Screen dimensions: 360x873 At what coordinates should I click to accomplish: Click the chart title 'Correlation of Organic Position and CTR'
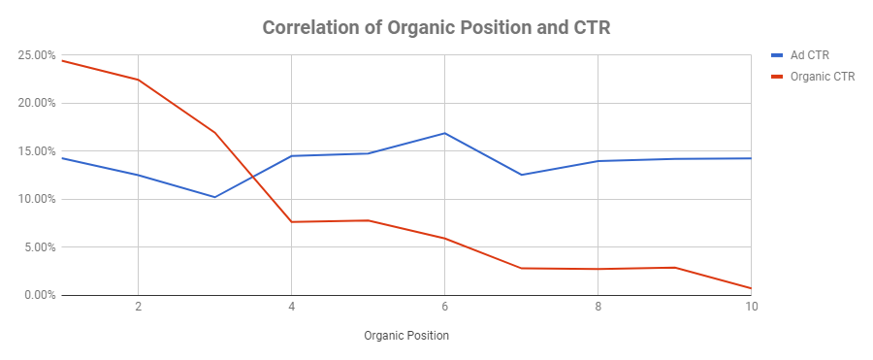436,28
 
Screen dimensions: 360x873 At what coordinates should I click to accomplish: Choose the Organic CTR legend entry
822,77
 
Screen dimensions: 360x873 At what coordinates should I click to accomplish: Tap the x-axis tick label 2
138,307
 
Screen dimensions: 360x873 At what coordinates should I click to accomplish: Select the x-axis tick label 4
291,307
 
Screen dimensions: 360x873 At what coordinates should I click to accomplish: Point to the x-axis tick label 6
444,307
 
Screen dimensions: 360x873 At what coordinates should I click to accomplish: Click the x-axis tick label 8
598,307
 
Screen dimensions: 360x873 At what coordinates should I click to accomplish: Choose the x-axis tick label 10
750,307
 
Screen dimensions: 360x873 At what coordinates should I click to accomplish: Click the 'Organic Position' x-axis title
406,336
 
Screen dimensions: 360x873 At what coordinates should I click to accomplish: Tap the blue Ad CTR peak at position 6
444,133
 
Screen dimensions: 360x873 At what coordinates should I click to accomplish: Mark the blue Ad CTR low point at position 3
214,197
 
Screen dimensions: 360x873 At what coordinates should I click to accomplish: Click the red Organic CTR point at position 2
138,80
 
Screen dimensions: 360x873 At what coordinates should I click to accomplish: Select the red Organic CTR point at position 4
291,222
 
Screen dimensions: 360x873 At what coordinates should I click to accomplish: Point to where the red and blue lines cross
252,177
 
